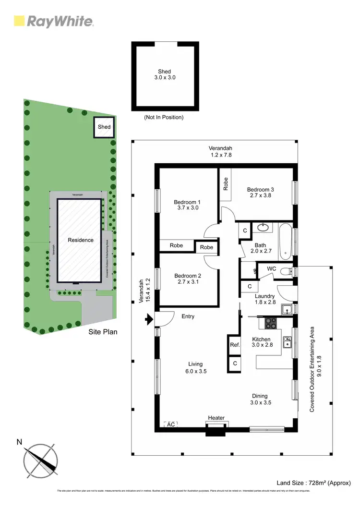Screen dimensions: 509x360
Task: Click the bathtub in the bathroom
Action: pyautogui.click(x=285, y=240)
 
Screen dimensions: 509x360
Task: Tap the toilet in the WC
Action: pyautogui.click(x=286, y=271)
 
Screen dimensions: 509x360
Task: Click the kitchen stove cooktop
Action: pyautogui.click(x=270, y=323)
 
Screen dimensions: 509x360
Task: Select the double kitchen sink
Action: pyautogui.click(x=288, y=342)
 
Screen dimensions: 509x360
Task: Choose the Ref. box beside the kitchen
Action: pyautogui.click(x=234, y=345)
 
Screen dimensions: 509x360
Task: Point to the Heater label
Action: pyautogui.click(x=216, y=418)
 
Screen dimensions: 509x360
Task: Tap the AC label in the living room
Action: pyautogui.click(x=171, y=424)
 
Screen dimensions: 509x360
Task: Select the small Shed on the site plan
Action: pyautogui.click(x=104, y=127)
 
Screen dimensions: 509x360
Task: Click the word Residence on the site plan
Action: pyautogui.click(x=80, y=240)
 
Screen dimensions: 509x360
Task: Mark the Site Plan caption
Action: pyautogui.click(x=103, y=332)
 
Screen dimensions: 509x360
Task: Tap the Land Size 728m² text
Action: pyautogui.click(x=314, y=483)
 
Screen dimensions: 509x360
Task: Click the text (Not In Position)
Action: pyautogui.click(x=164, y=117)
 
